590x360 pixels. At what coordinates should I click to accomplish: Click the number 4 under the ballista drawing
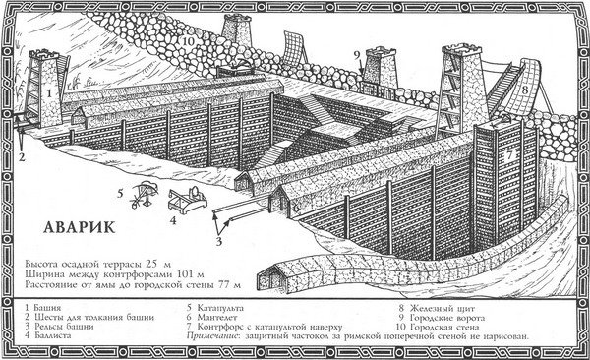[x=173, y=221]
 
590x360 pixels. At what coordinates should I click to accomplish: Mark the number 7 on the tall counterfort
[x=507, y=154]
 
